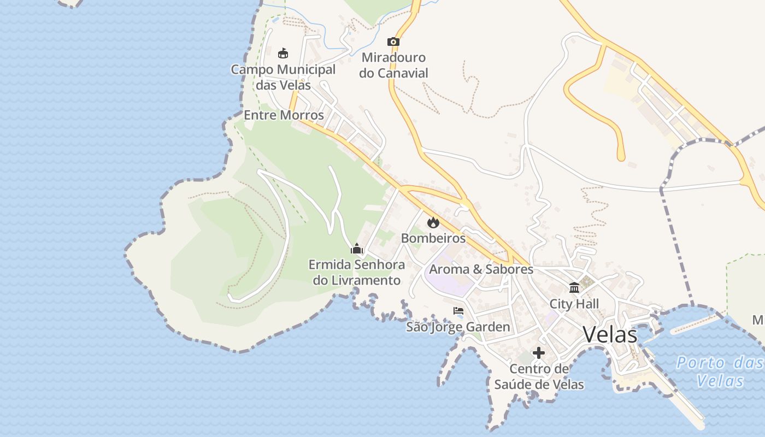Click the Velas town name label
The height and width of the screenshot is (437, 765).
[x=610, y=334]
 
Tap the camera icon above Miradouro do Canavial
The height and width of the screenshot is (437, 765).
[x=393, y=42]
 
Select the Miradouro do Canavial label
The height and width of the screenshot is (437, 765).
[x=393, y=65]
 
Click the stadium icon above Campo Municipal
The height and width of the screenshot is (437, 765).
[x=283, y=53]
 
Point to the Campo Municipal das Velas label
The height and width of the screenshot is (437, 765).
[x=283, y=77]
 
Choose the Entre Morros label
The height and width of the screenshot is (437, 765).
[x=284, y=115]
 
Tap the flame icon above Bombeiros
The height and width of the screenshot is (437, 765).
[x=433, y=222]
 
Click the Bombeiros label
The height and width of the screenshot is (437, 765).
[x=433, y=238]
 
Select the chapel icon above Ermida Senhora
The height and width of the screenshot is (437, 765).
[x=357, y=249]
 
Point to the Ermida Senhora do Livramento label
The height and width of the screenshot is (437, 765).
[x=357, y=273]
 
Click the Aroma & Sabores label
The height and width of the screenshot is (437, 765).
[x=481, y=269]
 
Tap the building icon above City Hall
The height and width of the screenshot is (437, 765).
[x=574, y=287]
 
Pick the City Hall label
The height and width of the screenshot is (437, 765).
[x=574, y=304]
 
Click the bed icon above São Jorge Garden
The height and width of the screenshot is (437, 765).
[x=458, y=311]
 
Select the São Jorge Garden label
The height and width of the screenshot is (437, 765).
[x=458, y=327]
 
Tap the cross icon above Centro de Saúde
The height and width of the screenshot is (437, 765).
[x=539, y=353]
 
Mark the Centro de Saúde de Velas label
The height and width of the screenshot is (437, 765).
[x=539, y=377]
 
